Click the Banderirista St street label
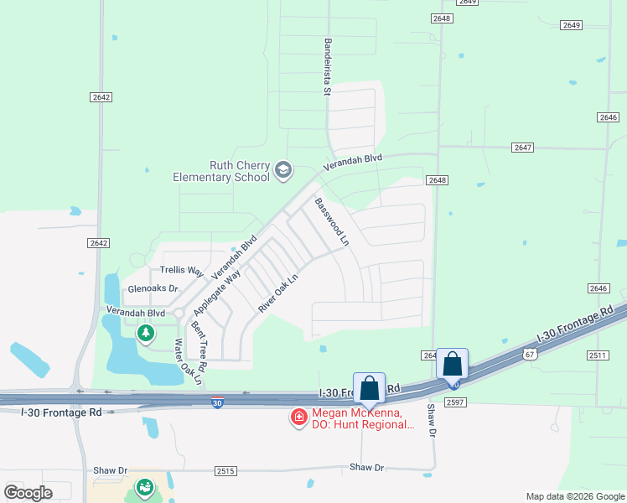click(x=327, y=66)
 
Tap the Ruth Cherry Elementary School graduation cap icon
click(x=283, y=170)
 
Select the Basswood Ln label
click(x=331, y=221)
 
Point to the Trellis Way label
click(x=182, y=271)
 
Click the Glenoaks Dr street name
click(x=153, y=288)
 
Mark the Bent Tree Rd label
click(x=199, y=340)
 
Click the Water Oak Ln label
click(x=188, y=361)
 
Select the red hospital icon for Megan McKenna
click(x=298, y=417)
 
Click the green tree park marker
click(x=146, y=334)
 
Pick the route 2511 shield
click(x=597, y=355)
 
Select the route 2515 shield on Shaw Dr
click(x=225, y=471)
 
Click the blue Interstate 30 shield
click(x=217, y=403)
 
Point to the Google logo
click(x=28, y=493)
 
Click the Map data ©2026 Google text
click(x=574, y=496)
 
